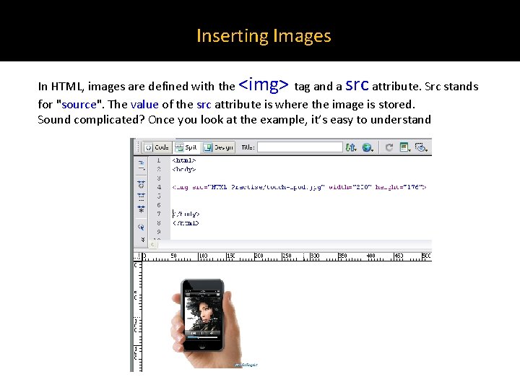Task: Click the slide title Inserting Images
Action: pyautogui.click(x=264, y=35)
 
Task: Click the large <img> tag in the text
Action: pyautogui.click(x=264, y=84)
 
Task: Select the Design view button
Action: pyautogui.click(x=218, y=147)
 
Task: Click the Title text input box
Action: pyautogui.click(x=300, y=147)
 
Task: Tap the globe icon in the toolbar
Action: pyautogui.click(x=367, y=147)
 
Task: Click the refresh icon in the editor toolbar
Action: pyautogui.click(x=389, y=147)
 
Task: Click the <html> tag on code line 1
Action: pyautogui.click(x=183, y=160)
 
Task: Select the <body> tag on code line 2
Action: pyautogui.click(x=183, y=169)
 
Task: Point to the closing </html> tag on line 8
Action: pyautogui.click(x=185, y=223)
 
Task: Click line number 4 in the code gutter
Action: pyautogui.click(x=159, y=187)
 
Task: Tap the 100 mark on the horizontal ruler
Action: pyautogui.click(x=203, y=256)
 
